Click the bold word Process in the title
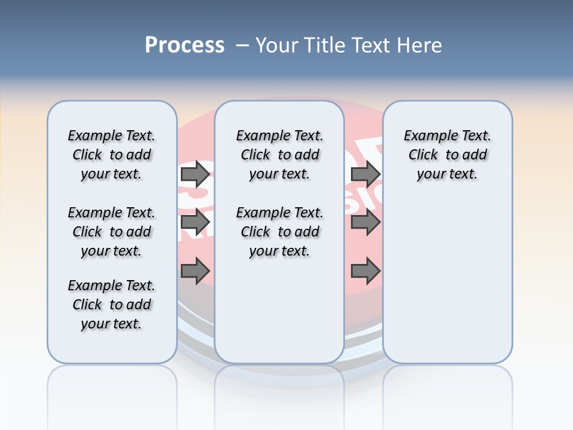coord(184,45)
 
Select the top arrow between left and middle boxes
coord(195,174)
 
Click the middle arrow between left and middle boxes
coord(195,222)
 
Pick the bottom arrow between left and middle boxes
coord(195,272)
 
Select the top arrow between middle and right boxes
coord(365,174)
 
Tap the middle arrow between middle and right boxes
coord(365,222)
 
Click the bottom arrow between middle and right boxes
coord(365,272)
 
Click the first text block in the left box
coord(112,155)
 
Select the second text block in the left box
coord(112,232)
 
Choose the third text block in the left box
coord(112,305)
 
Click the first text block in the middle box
coord(279,155)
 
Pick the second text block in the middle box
coord(279,232)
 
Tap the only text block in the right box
coord(447,155)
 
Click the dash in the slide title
coord(242,45)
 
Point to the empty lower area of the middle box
coord(279,311)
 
